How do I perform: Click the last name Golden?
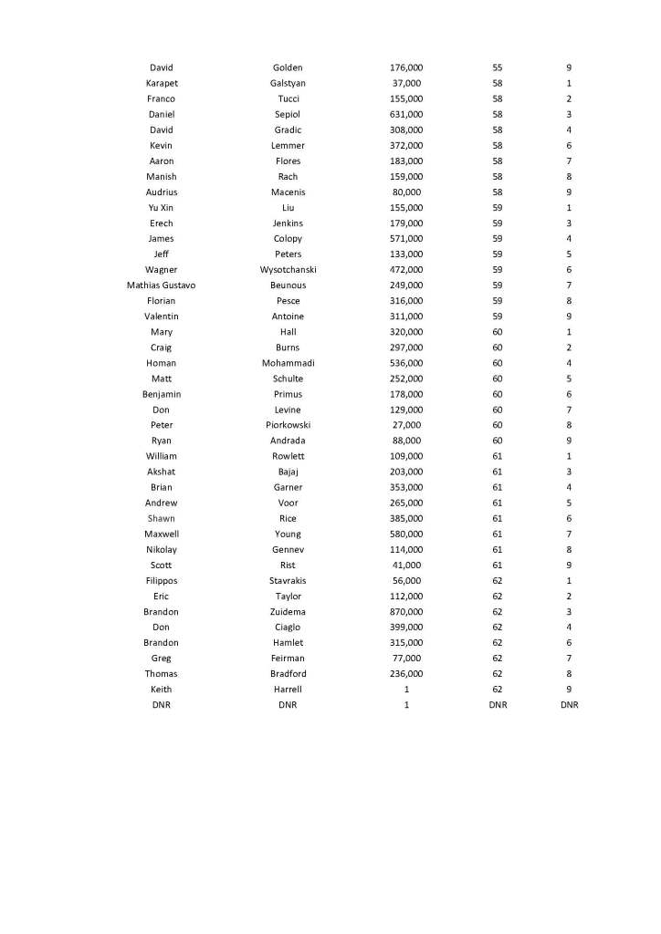288,67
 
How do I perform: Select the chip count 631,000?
406,114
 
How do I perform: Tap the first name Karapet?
162,83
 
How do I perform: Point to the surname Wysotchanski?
288,270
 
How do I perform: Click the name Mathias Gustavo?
162,285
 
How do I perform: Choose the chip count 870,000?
406,611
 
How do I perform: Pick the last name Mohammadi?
288,363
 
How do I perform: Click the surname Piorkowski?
288,425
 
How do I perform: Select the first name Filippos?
162,580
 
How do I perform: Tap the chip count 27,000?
406,425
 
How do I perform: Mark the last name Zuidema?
288,611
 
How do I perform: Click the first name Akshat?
162,472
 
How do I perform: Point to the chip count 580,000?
406,534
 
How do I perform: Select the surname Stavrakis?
288,580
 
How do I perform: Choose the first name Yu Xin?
162,208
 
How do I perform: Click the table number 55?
498,67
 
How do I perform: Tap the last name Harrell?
288,690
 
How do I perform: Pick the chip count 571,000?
406,239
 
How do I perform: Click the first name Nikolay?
162,549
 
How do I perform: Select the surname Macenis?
288,192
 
